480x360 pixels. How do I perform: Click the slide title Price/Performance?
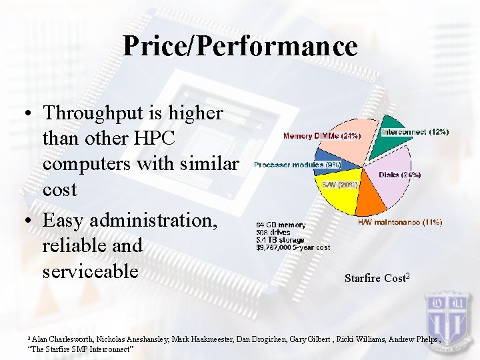[x=240, y=46]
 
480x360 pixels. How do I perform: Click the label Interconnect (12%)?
[x=415, y=132]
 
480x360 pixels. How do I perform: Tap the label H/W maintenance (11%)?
[x=400, y=222]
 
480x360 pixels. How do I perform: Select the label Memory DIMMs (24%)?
[x=322, y=136]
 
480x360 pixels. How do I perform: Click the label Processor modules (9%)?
[x=297, y=165]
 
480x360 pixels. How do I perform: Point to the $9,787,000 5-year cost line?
[x=293, y=248]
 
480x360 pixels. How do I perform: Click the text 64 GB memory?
[x=281, y=225]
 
